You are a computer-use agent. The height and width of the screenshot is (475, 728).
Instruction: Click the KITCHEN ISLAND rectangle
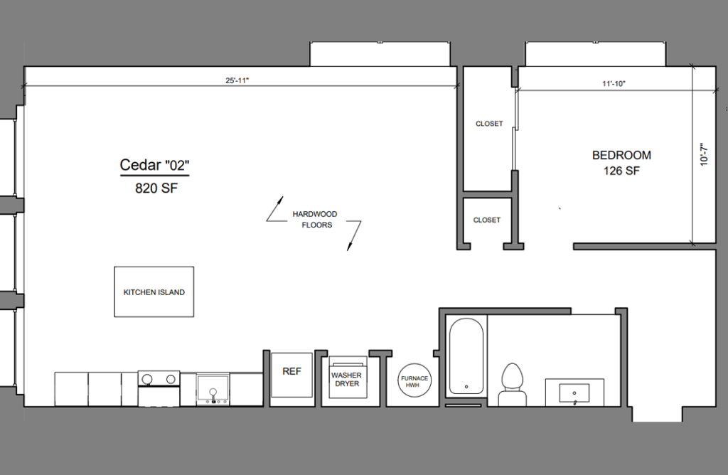pos(154,292)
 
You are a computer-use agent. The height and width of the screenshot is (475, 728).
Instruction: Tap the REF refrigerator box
pos(291,372)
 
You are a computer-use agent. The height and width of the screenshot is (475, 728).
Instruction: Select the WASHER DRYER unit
pos(346,380)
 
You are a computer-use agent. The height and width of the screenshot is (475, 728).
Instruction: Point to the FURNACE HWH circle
pos(414,381)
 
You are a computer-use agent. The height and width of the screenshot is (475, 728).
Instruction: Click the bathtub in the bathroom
pos(466,357)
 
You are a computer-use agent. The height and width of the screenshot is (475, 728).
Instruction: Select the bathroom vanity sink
pos(574,393)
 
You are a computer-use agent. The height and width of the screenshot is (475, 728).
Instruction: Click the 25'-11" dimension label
pos(237,81)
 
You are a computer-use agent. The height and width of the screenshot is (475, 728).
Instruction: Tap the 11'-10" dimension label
pos(614,84)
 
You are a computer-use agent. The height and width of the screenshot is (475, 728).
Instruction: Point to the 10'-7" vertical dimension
pos(703,155)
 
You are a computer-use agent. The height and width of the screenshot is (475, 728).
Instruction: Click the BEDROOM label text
pos(621,155)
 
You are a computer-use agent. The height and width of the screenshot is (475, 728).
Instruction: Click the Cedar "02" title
pos(154,166)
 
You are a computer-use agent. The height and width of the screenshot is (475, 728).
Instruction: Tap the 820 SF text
pos(154,188)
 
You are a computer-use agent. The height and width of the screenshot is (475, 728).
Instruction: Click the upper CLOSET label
pos(489,124)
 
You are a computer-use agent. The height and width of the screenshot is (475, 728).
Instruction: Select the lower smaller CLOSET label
pos(487,220)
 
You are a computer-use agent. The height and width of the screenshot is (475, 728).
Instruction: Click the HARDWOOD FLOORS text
pos(314,220)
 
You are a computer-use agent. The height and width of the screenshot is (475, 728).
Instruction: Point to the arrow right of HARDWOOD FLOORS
pos(353,235)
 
